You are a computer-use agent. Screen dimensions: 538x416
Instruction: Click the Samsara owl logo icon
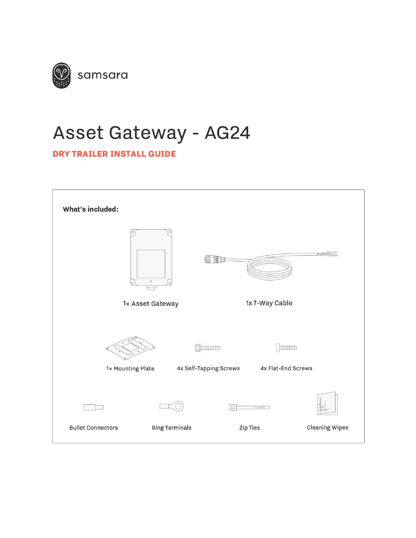[x=62, y=75]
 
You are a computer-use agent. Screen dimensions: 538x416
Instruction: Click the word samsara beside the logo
[x=103, y=75]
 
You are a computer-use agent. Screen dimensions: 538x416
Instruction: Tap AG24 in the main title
[x=227, y=133]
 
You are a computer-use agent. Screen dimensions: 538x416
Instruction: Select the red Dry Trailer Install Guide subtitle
[x=114, y=154]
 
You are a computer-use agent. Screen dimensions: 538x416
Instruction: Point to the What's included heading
[x=91, y=209]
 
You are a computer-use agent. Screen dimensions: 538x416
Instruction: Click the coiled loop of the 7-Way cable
[x=270, y=268]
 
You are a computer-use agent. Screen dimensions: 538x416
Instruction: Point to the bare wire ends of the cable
[x=328, y=254]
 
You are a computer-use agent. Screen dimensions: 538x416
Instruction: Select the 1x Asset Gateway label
[x=151, y=304]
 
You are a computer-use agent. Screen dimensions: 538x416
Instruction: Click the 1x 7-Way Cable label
[x=269, y=303]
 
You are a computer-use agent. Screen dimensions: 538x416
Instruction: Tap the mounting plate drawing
[x=131, y=347]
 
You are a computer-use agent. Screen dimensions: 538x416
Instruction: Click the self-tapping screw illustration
[x=208, y=347]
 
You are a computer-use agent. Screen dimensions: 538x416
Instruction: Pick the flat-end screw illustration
[x=287, y=347]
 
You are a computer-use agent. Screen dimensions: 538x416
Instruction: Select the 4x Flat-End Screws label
[x=286, y=368]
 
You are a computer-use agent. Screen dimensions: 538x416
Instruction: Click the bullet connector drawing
[x=93, y=407]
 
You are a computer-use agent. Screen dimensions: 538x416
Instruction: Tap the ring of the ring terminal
[x=178, y=406]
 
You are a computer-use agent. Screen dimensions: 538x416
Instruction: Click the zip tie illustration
[x=249, y=407]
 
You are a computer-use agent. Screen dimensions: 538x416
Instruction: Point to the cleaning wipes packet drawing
[x=327, y=404]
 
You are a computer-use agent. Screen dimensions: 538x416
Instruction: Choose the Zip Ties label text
[x=249, y=428]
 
